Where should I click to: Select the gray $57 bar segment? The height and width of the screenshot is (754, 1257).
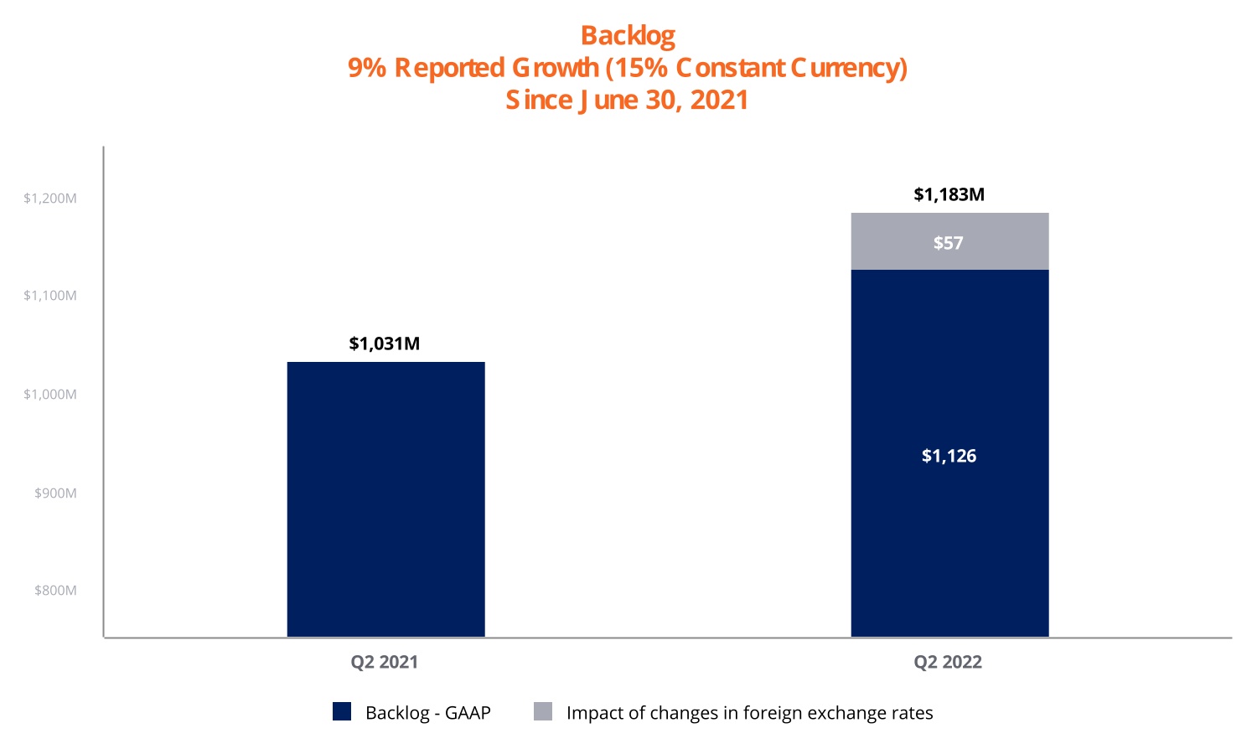click(949, 241)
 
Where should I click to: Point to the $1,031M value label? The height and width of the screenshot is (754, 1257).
click(385, 343)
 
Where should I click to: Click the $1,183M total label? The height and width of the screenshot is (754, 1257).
click(949, 194)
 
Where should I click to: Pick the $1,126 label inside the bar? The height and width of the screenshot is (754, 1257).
click(949, 456)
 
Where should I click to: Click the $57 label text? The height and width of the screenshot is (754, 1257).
click(949, 243)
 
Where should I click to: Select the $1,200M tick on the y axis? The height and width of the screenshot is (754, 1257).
click(50, 199)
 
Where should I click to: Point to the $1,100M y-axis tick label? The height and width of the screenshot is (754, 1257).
click(50, 296)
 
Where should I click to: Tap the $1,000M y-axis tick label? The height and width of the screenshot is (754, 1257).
click(50, 395)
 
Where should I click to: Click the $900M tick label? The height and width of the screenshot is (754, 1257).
click(55, 493)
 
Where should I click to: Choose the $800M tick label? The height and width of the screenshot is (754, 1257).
click(55, 591)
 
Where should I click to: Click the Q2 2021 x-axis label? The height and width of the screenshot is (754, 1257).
click(384, 662)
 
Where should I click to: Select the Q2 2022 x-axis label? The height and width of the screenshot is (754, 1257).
click(948, 662)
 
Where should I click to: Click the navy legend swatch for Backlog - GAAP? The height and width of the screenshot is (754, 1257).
click(342, 711)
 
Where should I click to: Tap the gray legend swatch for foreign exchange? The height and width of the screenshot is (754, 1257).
click(543, 711)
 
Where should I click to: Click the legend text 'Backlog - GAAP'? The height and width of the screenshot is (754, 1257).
click(427, 713)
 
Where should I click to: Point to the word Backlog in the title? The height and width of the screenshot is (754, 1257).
click(628, 36)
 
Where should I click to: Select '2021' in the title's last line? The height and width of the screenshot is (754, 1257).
click(719, 101)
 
